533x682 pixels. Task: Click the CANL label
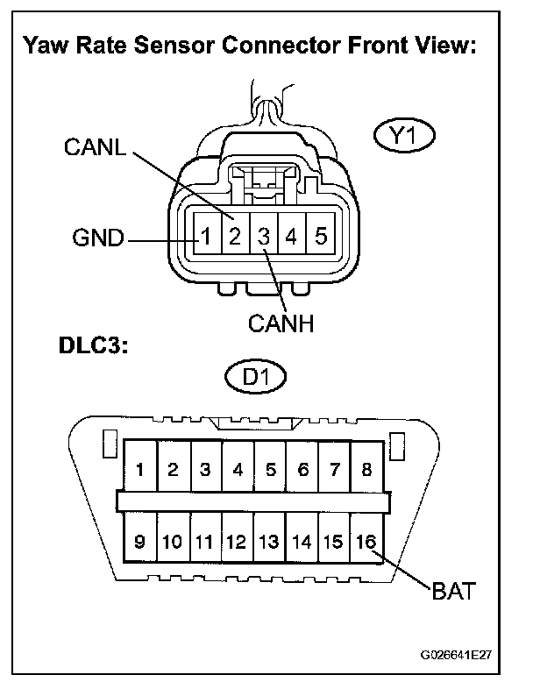point(96,146)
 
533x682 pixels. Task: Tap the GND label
point(97,238)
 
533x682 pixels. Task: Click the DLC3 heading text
point(85,346)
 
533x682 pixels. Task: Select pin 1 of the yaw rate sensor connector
point(204,237)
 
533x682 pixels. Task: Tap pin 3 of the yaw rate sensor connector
point(263,237)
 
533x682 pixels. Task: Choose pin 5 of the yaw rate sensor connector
point(321,237)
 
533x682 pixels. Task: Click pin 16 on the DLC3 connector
point(367,541)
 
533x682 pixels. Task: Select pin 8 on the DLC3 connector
point(367,469)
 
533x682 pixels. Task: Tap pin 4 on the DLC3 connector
point(238,469)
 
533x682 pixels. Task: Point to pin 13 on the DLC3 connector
point(270,541)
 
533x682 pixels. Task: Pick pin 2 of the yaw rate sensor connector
point(234,237)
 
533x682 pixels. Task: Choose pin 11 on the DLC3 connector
point(205,541)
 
